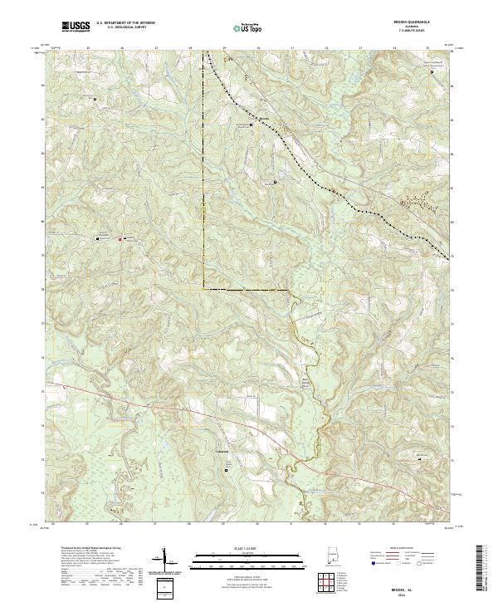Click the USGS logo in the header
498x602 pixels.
click(x=76, y=27)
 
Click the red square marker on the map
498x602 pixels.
click(x=121, y=240)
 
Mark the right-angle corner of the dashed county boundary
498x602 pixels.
click(x=204, y=289)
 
